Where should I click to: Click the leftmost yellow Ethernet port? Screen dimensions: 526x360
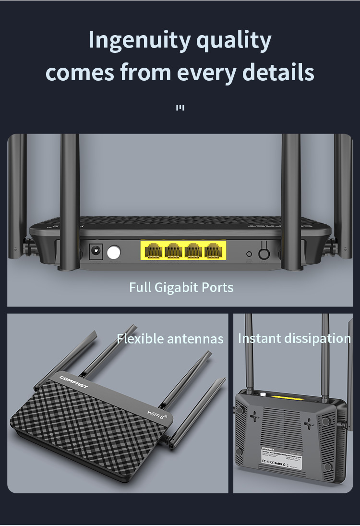[x=153, y=251]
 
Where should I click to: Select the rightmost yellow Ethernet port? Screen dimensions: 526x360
[x=214, y=251]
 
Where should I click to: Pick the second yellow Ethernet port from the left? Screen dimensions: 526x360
[x=173, y=251]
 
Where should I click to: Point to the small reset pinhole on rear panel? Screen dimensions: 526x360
[x=249, y=254]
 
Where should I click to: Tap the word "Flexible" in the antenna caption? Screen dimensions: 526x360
[x=141, y=339]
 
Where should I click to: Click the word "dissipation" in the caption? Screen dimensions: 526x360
[x=317, y=338]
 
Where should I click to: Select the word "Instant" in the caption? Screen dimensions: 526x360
[x=259, y=338]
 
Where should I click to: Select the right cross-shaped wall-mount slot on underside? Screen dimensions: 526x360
[x=310, y=423]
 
